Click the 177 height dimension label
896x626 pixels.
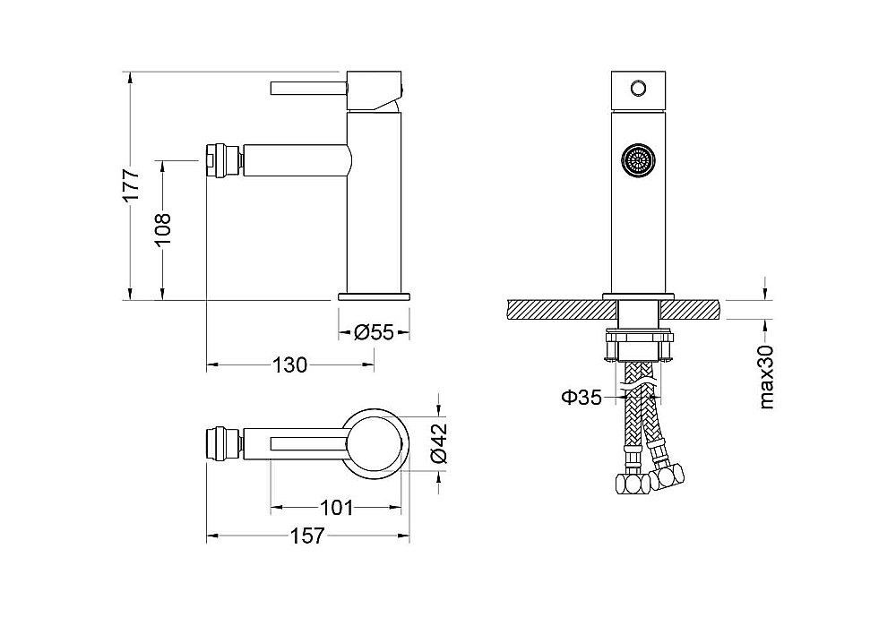(132, 184)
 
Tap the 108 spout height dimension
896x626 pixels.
(163, 228)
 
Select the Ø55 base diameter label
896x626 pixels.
(374, 332)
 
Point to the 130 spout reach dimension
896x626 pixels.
(289, 364)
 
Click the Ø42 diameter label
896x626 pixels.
(439, 443)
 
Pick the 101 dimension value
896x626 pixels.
(336, 507)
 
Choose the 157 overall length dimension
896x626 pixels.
(307, 536)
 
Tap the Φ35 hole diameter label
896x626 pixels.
(582, 397)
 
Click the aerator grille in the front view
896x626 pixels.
(638, 159)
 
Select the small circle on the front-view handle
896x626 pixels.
(638, 88)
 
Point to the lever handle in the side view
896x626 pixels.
(309, 89)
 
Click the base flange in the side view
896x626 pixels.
(374, 296)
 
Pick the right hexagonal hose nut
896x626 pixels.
(668, 476)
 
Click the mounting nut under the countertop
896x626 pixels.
(638, 345)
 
